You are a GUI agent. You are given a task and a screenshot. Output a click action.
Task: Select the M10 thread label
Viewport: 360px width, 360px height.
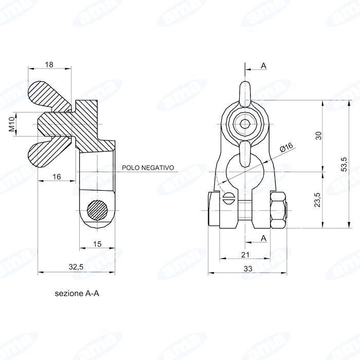click(x=11, y=125)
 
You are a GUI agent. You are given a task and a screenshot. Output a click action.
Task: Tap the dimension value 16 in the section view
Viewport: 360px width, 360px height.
click(x=57, y=176)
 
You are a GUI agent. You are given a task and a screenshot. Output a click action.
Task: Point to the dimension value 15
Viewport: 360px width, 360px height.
click(x=97, y=243)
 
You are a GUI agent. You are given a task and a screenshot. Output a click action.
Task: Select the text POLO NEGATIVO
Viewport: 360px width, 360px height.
click(x=148, y=168)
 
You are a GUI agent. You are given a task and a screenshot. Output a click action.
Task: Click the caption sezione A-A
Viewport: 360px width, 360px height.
click(x=77, y=294)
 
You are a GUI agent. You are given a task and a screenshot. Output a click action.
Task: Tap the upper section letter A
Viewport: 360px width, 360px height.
click(x=264, y=66)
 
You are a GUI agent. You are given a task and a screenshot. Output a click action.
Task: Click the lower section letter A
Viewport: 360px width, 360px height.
click(x=264, y=238)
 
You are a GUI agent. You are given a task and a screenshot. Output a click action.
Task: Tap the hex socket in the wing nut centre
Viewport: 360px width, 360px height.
click(x=245, y=123)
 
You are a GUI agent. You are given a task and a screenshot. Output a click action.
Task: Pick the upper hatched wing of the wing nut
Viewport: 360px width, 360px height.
click(x=49, y=95)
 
